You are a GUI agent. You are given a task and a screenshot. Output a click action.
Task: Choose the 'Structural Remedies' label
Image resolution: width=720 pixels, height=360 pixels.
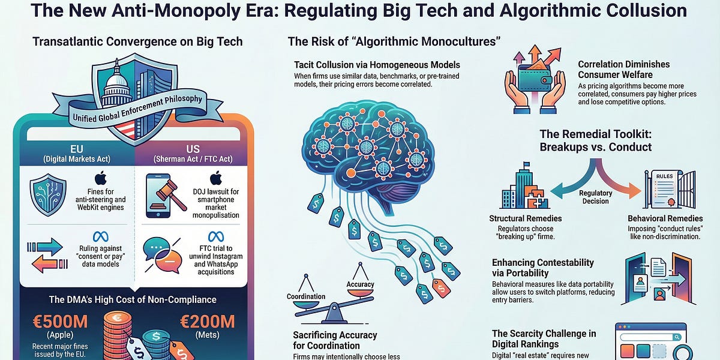(x=526, y=218)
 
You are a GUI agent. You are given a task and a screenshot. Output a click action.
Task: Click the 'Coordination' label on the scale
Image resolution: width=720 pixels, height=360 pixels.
(x=305, y=296)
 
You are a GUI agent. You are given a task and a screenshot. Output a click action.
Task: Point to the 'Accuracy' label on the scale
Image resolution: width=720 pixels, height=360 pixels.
(x=360, y=284)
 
